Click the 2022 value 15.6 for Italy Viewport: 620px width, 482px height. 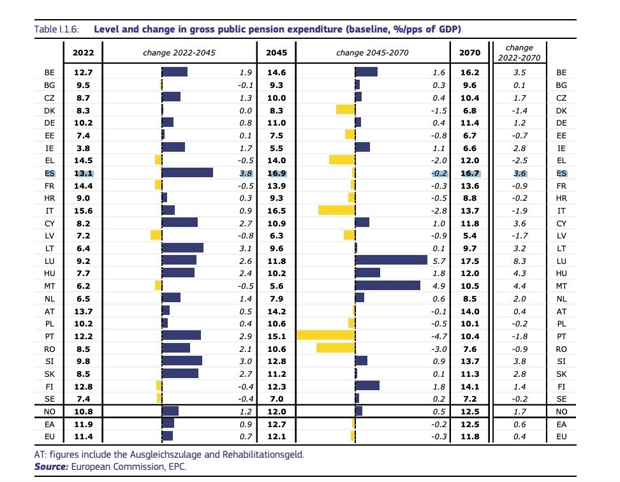[83, 210]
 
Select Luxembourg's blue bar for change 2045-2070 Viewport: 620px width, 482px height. [390, 260]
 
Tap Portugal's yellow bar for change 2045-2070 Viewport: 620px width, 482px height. [326, 335]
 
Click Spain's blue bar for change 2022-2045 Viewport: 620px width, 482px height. [187, 173]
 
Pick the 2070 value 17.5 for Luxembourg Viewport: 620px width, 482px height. [469, 260]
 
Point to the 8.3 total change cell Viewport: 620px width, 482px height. [519, 260]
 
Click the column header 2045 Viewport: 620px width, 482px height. [276, 53]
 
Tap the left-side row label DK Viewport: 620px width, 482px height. [49, 110]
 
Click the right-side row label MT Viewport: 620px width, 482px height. [561, 286]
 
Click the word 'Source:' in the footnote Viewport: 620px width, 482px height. [52, 467]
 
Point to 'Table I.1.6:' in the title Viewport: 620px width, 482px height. [59, 29]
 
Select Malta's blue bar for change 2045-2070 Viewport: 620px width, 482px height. [387, 286]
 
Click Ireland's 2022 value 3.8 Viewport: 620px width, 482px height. [83, 147]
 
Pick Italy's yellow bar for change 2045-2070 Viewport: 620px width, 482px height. [336, 210]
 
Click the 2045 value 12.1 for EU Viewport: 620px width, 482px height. [276, 436]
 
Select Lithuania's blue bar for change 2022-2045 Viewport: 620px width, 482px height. [182, 248]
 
